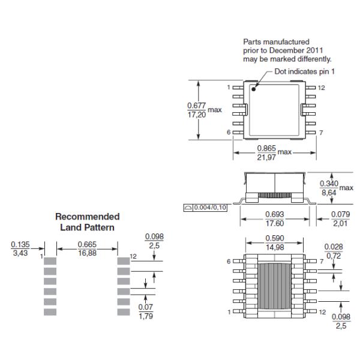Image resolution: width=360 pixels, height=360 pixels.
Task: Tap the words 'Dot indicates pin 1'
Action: [304, 71]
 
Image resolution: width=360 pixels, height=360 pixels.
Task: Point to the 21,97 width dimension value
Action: [266, 157]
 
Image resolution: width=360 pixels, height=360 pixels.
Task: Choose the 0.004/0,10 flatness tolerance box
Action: [206, 208]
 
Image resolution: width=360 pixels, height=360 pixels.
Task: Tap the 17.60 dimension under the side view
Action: [274, 223]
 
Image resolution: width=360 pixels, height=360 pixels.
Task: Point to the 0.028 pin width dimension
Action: [333, 247]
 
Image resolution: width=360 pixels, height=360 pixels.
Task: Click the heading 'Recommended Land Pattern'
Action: [87, 221]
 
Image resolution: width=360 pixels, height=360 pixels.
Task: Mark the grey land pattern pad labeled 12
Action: [124, 261]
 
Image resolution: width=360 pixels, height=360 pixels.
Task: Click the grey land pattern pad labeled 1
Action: [50, 262]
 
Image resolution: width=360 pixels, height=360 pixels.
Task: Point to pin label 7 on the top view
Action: [321, 133]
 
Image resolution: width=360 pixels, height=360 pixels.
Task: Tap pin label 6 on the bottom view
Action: [228, 262]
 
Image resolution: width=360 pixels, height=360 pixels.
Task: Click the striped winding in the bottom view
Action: [274, 287]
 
